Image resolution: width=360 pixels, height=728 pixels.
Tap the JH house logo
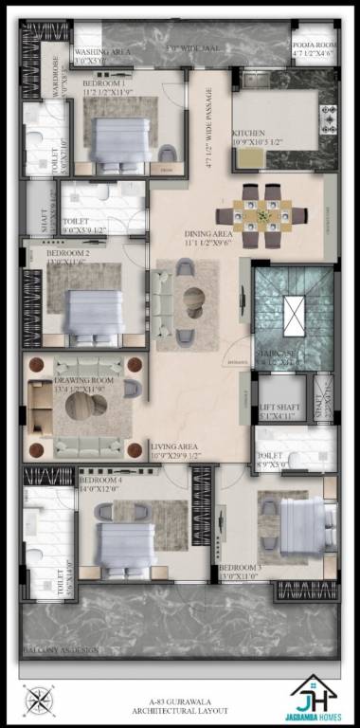click(x=315, y=695)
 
